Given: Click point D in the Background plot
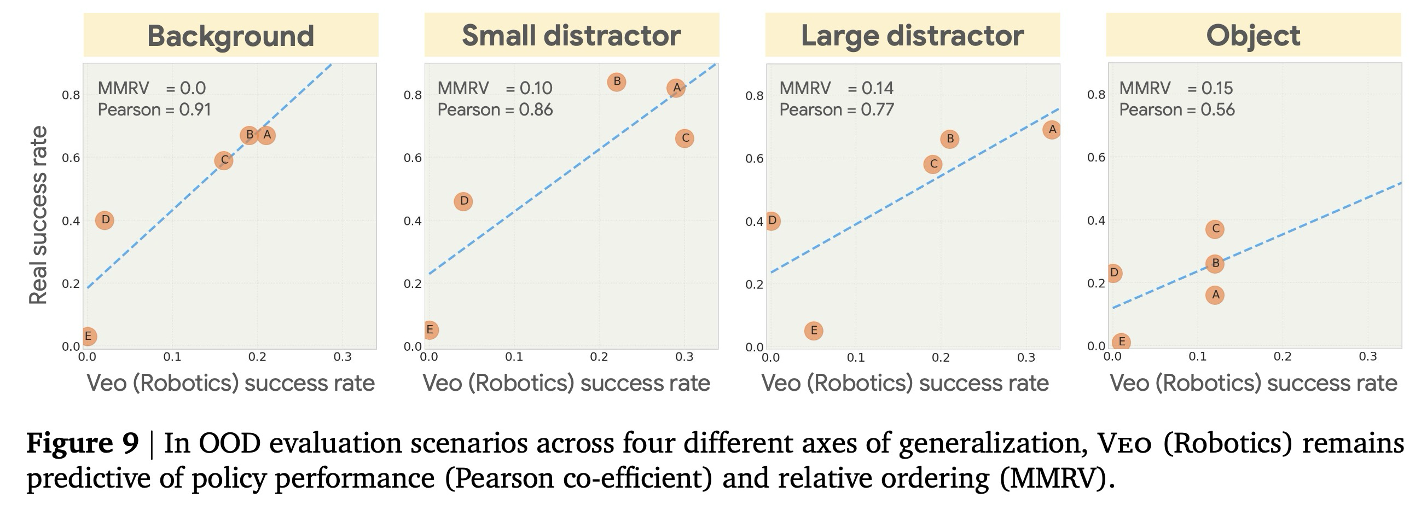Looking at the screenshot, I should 105,221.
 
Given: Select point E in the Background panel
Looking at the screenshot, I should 88,336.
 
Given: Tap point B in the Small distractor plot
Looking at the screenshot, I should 617,82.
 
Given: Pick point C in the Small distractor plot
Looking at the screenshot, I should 685,138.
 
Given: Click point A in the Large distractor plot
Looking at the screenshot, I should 1052,130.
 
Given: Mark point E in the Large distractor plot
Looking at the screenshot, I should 813,331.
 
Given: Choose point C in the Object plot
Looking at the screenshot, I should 1215,229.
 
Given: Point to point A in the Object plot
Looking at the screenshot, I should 1215,295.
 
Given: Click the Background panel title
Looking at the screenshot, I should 230,36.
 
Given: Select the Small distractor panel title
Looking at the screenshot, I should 571,36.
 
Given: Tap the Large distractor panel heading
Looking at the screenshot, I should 912,36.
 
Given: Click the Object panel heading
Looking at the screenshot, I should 1253,36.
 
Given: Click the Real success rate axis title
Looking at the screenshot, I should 38,215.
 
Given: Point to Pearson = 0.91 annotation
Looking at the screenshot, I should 154,110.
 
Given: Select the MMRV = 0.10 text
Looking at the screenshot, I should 495,88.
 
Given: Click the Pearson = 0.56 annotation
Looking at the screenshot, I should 1176,110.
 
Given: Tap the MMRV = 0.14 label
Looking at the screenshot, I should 837,88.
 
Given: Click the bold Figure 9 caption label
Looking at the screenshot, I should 83,443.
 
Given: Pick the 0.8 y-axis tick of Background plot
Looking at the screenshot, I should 71,95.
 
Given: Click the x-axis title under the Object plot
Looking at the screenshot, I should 1253,383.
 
